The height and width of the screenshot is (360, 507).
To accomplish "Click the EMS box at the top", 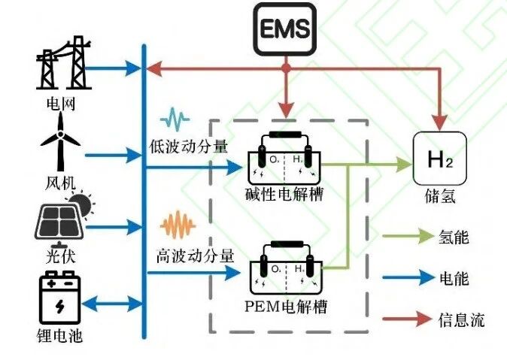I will [284, 29].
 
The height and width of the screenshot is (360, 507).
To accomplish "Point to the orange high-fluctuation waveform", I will [179, 225].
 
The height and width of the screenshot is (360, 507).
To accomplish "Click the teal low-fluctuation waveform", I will [178, 118].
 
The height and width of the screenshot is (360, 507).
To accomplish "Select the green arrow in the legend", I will [405, 237].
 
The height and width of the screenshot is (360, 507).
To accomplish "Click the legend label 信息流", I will [461, 319].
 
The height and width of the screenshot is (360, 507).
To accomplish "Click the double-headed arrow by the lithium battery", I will [114, 304].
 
